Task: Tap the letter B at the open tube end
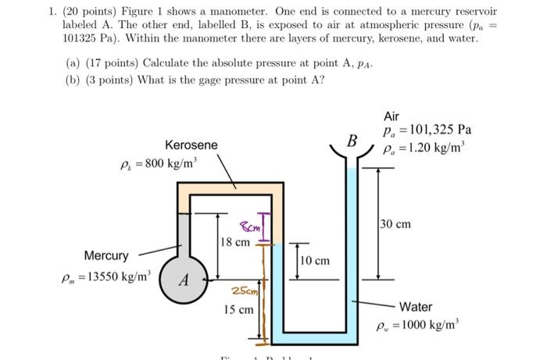coord(352,142)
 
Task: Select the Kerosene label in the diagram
coord(191,145)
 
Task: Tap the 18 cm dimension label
coord(235,242)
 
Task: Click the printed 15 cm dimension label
coord(238,310)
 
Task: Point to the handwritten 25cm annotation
coord(242,291)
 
